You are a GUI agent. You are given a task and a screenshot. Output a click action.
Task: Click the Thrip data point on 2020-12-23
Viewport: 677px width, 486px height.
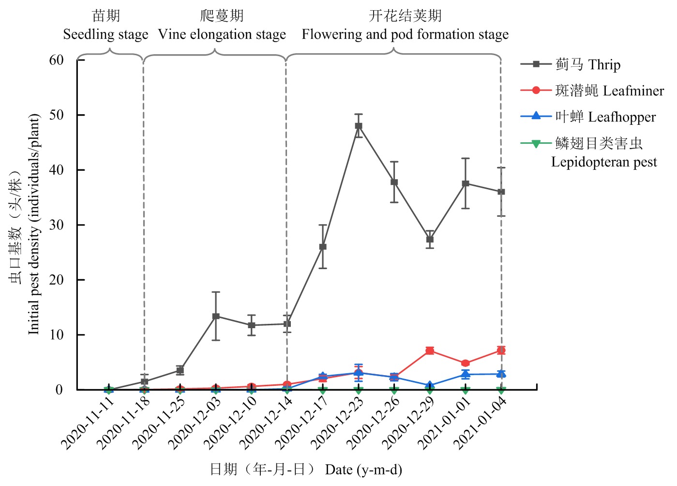(x=359, y=126)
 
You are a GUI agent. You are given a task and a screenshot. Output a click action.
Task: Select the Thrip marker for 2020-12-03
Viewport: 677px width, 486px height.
(x=216, y=316)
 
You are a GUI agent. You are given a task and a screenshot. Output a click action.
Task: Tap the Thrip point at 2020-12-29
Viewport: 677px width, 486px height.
(x=430, y=239)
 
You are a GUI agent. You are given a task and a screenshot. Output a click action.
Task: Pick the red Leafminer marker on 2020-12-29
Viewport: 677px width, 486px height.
(x=430, y=350)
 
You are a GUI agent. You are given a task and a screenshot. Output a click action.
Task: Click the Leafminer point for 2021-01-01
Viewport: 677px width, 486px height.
(x=466, y=363)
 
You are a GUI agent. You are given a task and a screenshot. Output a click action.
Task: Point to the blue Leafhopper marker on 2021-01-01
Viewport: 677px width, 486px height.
(x=466, y=374)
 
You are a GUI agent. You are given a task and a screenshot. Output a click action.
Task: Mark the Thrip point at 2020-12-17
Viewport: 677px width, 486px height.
(x=323, y=247)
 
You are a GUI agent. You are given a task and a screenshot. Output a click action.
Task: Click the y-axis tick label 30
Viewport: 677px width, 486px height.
(x=57, y=225)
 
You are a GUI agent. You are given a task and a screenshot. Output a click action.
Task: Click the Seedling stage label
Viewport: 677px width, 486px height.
(x=105, y=34)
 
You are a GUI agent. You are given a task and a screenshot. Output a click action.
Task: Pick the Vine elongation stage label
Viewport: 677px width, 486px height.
(x=222, y=34)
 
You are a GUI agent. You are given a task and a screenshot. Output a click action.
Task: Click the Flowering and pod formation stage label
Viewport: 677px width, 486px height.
(x=405, y=34)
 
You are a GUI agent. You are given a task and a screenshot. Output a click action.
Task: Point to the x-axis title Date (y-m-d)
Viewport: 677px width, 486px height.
(x=363, y=470)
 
